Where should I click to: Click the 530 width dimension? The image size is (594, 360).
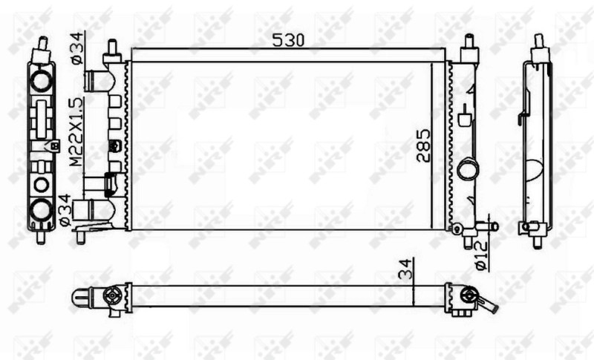tap(288, 40)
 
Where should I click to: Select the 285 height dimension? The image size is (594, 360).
tap(423, 146)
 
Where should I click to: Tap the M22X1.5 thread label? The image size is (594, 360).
tap(76, 131)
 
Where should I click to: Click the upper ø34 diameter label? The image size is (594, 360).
tap(76, 48)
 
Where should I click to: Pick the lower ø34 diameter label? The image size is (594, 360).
tap(65, 210)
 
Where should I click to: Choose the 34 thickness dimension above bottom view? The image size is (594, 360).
tap(405, 269)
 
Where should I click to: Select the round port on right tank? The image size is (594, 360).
tap(468, 170)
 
